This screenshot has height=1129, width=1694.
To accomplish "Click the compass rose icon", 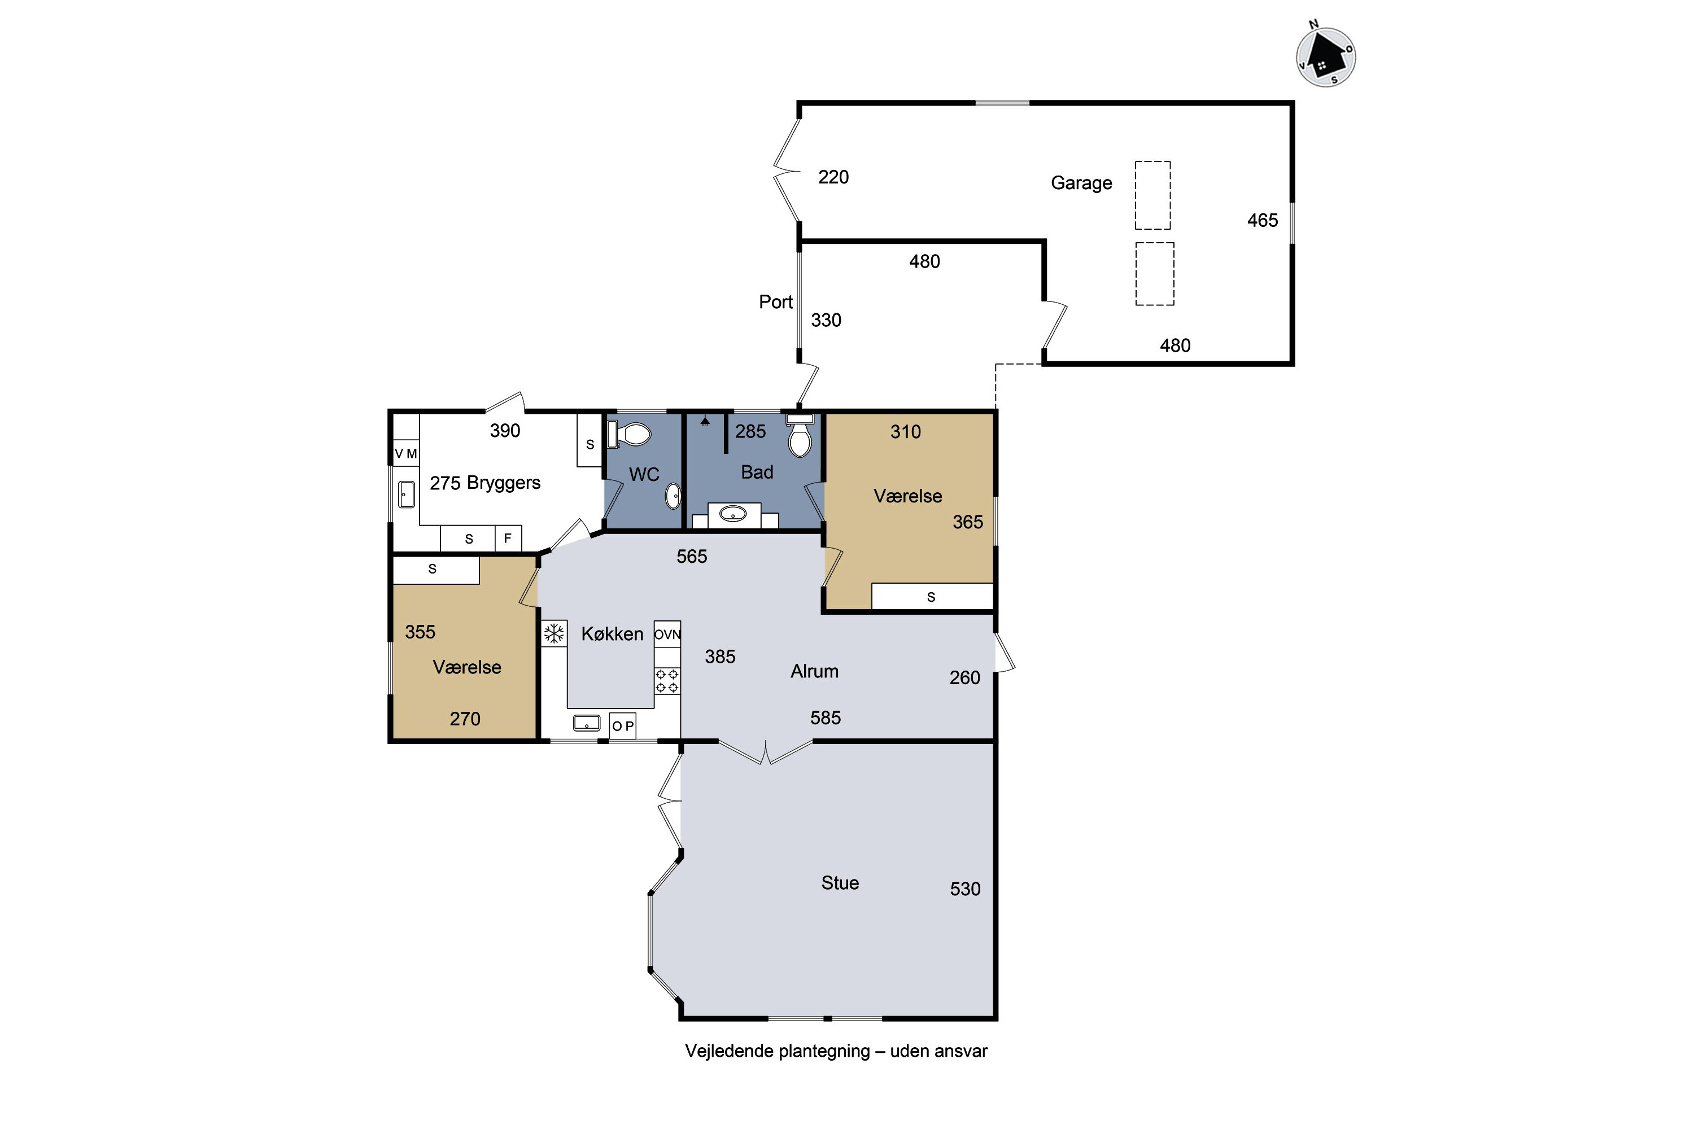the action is [x=1325, y=56].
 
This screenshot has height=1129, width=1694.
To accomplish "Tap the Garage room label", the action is [x=1081, y=183].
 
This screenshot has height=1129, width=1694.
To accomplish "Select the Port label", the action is [x=776, y=301].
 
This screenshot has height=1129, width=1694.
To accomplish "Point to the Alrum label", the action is [x=815, y=671].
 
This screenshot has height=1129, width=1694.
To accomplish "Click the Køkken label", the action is [x=612, y=633].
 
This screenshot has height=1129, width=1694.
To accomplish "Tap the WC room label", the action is [x=644, y=475].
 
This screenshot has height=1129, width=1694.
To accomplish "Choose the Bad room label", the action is [x=757, y=472].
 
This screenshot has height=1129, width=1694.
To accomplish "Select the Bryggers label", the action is [x=504, y=483].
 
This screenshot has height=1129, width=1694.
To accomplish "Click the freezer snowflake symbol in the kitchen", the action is [x=554, y=633].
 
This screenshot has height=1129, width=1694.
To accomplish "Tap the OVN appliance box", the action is [x=667, y=634].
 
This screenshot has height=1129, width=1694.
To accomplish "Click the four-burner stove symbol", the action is [x=667, y=680].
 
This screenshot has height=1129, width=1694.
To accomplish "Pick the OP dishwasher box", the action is [x=622, y=726].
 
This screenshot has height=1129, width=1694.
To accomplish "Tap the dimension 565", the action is [x=691, y=557].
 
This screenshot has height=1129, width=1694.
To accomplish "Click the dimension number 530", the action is [x=965, y=889].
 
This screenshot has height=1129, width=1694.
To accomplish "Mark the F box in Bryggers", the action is [x=508, y=539].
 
